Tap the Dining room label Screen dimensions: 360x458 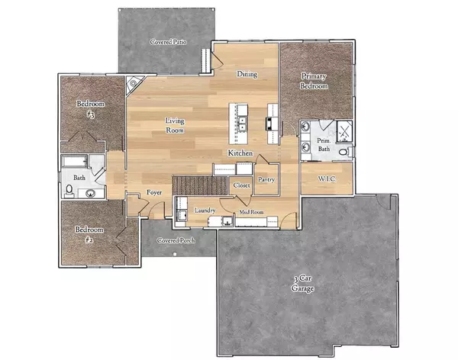tap(246, 75)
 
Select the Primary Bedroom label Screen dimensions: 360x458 tap(314, 81)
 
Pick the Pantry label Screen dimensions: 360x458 tap(266, 179)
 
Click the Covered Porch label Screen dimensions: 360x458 tap(176, 240)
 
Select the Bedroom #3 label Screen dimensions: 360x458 tap(90, 108)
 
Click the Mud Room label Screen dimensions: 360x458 tap(251, 211)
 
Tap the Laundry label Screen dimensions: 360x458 tap(205, 211)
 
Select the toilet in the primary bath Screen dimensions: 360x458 tap(343, 152)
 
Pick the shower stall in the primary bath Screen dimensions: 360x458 tap(343, 130)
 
